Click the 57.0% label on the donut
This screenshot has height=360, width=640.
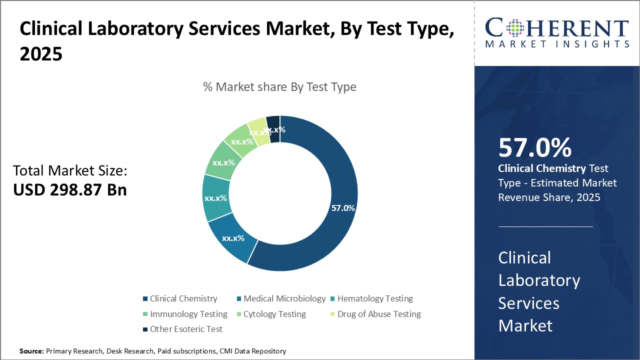click(x=343, y=208)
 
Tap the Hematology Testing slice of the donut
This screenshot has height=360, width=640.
click(x=215, y=198)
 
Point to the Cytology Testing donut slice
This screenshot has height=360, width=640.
click(x=241, y=139)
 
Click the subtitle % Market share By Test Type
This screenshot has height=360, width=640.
click(x=279, y=87)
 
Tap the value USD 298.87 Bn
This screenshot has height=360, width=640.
click(x=69, y=190)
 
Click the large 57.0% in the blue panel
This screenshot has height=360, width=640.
click(x=534, y=148)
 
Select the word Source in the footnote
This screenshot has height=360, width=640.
click(x=31, y=351)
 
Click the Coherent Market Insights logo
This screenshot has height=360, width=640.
click(x=557, y=33)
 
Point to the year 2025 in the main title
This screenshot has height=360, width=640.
click(x=41, y=54)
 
